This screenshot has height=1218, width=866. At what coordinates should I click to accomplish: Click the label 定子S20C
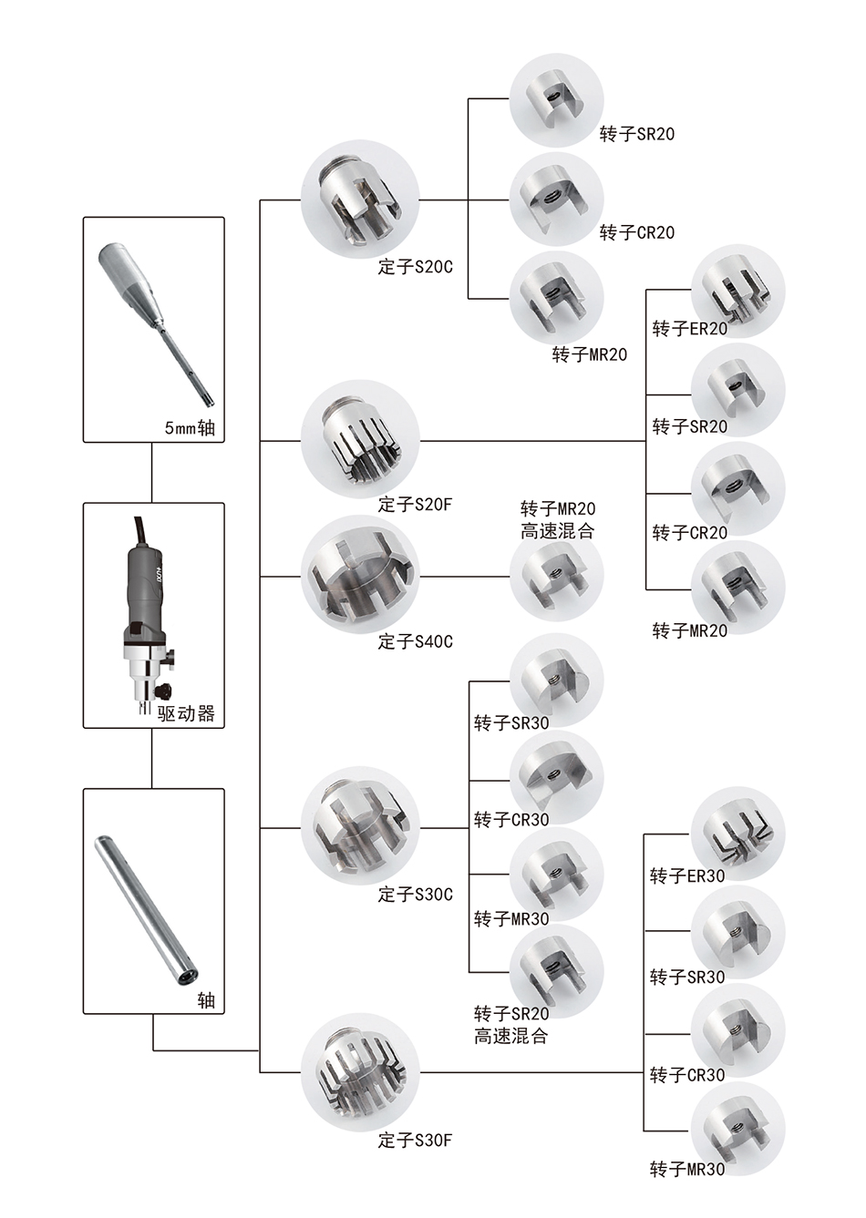[415, 268]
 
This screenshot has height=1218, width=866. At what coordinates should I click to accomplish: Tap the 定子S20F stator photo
[360, 439]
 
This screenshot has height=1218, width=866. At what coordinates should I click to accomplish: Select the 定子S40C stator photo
[360, 576]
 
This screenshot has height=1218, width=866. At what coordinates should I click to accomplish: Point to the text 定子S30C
[415, 895]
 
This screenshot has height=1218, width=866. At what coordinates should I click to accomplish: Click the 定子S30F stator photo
[360, 1072]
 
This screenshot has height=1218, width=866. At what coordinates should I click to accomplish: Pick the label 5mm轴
[190, 427]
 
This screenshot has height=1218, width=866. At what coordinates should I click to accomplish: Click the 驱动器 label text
[187, 713]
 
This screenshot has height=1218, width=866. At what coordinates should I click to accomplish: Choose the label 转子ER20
[689, 329]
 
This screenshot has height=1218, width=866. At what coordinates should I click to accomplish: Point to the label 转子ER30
[686, 876]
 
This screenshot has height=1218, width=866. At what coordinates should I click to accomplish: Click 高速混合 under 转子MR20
[557, 531]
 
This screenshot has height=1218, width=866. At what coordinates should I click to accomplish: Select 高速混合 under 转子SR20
[510, 1036]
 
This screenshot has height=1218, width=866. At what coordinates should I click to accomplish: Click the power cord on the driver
[139, 528]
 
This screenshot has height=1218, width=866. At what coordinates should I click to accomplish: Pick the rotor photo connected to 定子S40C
[556, 577]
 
